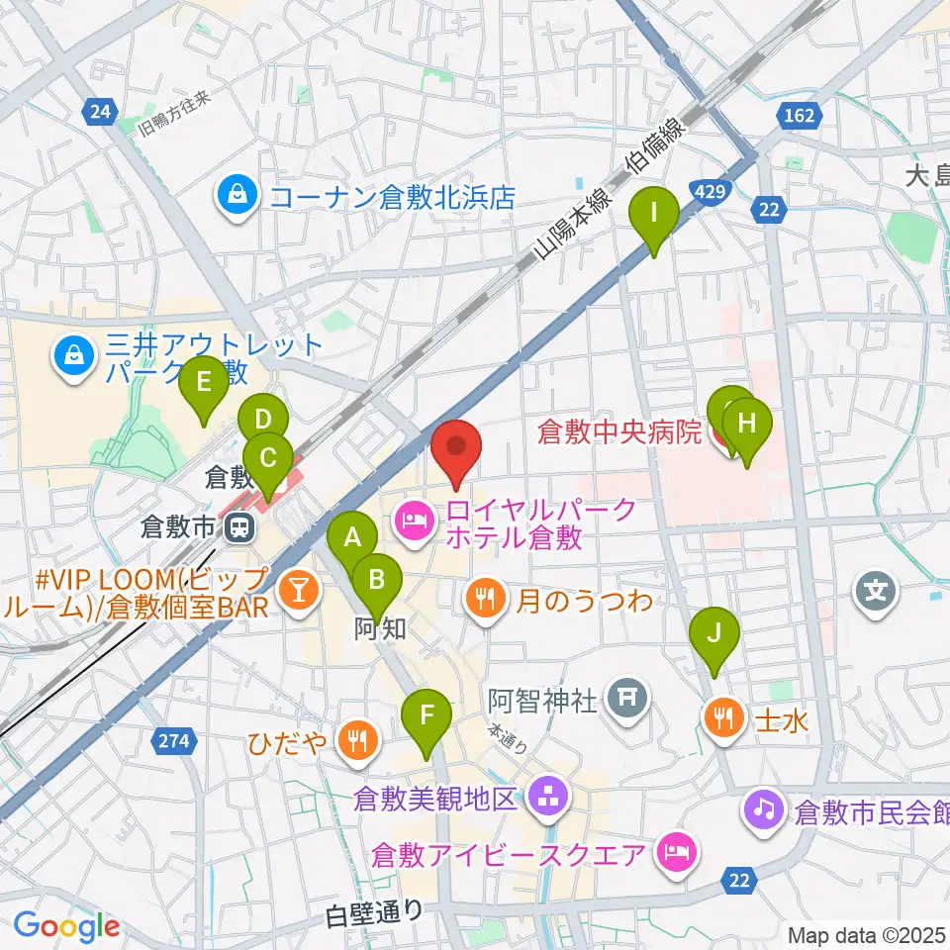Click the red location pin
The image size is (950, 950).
pyautogui.click(x=456, y=451)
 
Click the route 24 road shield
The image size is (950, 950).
pyautogui.click(x=98, y=113)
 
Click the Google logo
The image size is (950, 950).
pyautogui.click(x=66, y=926)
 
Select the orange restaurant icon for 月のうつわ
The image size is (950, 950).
pyautogui.click(x=484, y=599)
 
